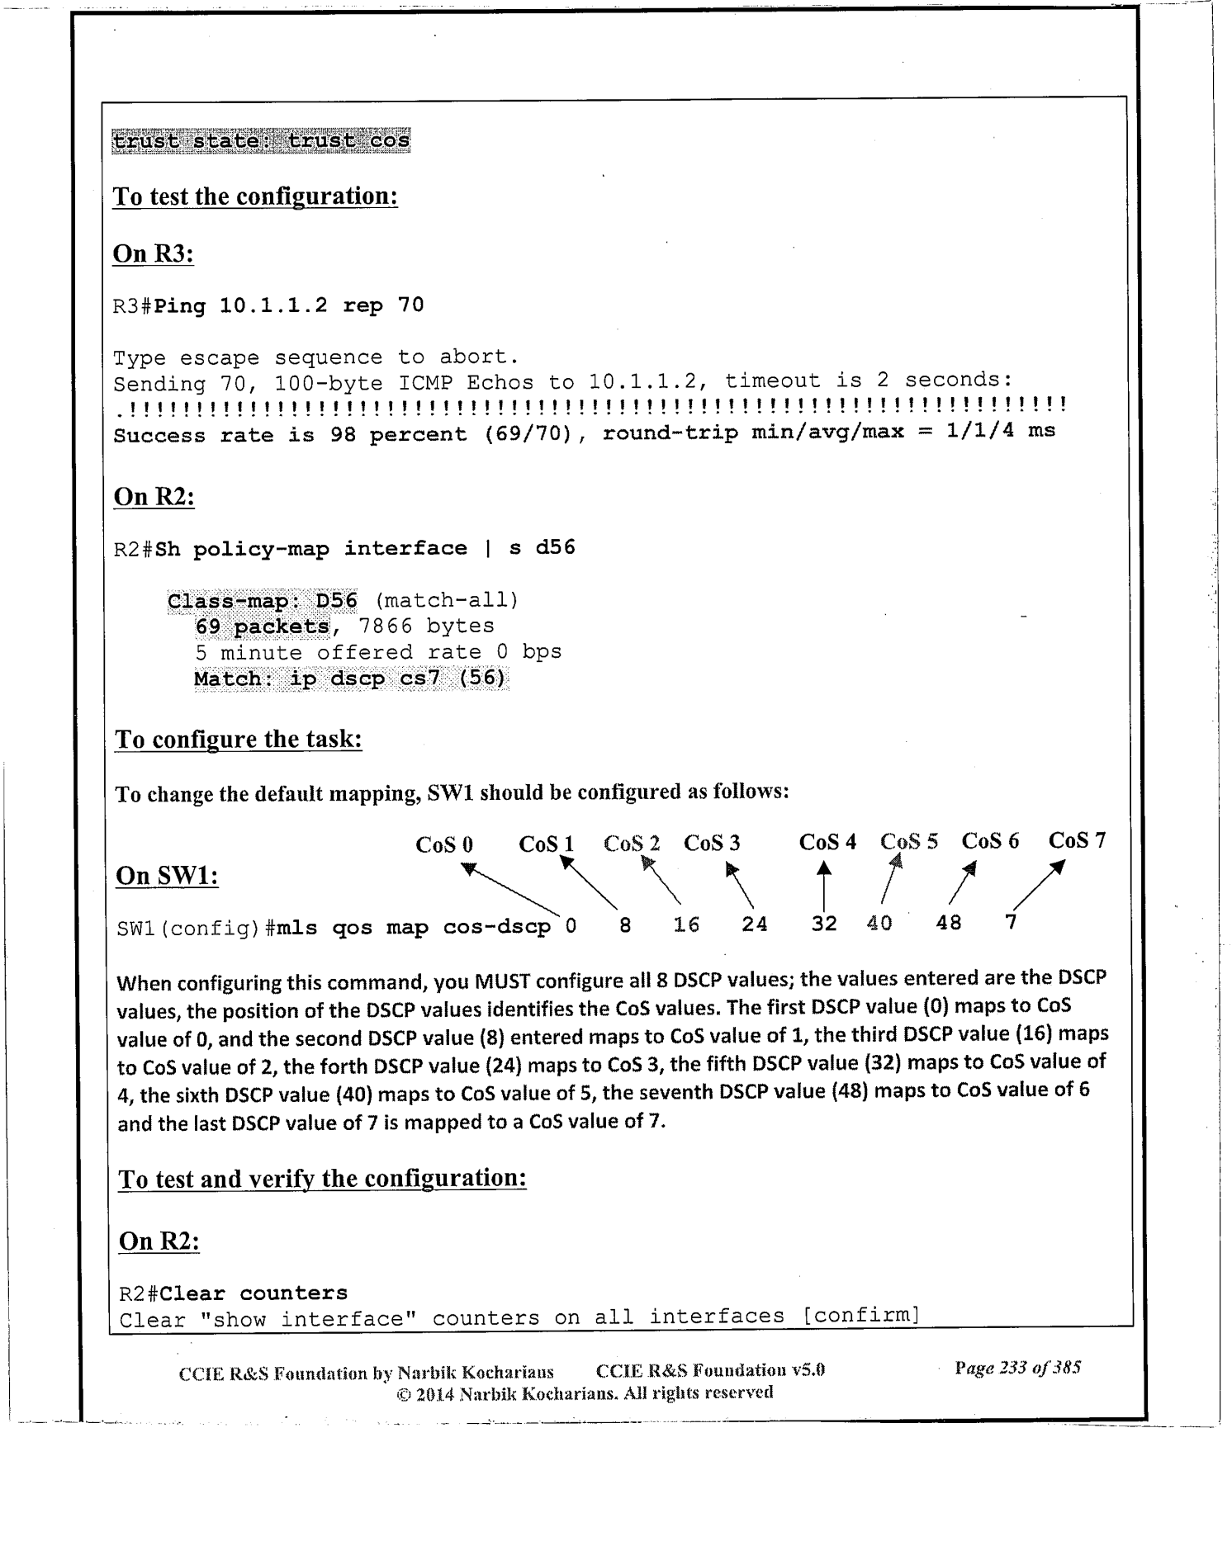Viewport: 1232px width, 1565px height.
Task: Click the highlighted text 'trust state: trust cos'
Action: click(261, 141)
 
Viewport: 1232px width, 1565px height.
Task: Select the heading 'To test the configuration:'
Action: click(255, 196)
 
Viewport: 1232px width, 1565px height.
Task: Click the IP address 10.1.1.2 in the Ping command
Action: click(273, 305)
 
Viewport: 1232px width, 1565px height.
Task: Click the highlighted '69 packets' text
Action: click(263, 626)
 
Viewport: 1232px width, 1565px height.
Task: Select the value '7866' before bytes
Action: click(385, 626)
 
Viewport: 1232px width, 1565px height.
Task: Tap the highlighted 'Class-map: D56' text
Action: click(263, 600)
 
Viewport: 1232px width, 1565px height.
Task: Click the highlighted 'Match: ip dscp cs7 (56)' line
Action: click(350, 679)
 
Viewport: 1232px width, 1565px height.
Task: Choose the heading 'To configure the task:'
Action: click(239, 739)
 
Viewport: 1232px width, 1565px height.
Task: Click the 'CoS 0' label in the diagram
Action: click(444, 844)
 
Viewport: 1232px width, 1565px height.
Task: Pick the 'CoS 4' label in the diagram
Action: click(827, 842)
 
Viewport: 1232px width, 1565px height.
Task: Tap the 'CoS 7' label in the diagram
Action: click(1077, 840)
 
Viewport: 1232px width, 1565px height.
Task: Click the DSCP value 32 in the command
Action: click(824, 923)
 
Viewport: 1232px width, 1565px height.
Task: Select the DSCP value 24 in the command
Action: click(755, 924)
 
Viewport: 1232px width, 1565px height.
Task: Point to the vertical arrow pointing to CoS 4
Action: click(824, 887)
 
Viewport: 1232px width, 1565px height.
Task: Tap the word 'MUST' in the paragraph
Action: click(501, 982)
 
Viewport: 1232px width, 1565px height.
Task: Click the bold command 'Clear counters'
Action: click(254, 1293)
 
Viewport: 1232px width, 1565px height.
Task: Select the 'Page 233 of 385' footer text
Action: click(1017, 1367)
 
